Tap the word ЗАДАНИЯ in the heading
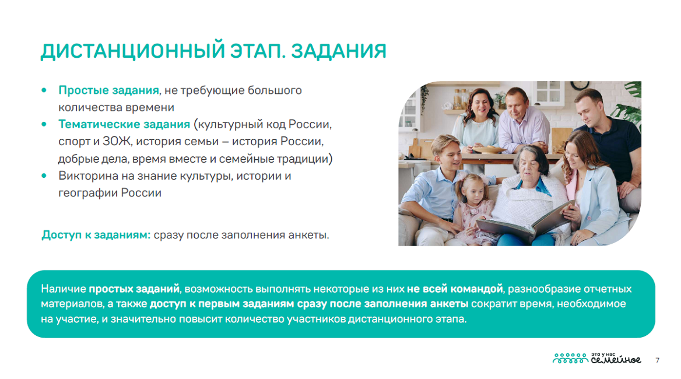click(x=339, y=51)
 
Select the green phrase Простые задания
click(x=108, y=90)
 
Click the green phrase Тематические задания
click(x=124, y=124)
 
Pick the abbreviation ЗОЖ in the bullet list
click(x=117, y=142)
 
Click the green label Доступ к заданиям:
click(x=96, y=235)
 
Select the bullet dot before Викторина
click(x=44, y=176)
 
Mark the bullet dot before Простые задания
click(x=44, y=90)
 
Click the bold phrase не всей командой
click(x=454, y=289)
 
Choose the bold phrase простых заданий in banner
click(x=134, y=289)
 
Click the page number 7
click(x=658, y=360)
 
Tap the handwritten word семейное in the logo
click(x=616, y=360)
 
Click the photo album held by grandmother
click(x=525, y=222)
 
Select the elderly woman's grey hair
click(x=530, y=156)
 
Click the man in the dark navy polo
click(x=608, y=139)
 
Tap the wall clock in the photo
click(x=580, y=84)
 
